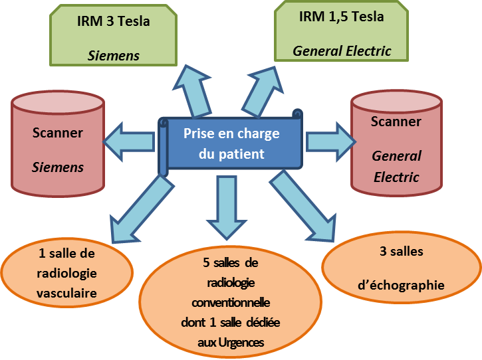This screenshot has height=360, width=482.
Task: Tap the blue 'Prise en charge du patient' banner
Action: (230, 143)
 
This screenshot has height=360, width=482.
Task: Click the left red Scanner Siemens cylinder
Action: (58, 150)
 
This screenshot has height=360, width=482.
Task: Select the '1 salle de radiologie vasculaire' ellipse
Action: (67, 273)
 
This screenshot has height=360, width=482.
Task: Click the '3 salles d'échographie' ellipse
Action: (402, 269)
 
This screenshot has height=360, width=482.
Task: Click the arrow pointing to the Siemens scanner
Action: (130, 141)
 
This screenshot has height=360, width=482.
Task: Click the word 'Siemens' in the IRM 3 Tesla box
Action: (114, 56)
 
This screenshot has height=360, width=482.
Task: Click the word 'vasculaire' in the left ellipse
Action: (67, 293)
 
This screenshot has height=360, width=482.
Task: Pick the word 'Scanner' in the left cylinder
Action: (58, 133)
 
